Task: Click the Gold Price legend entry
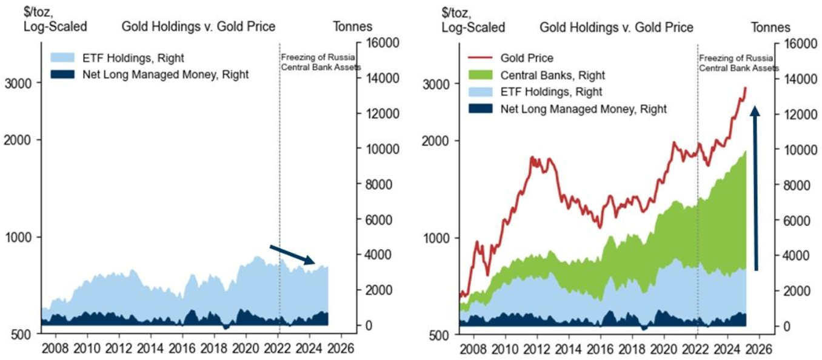coord(527,58)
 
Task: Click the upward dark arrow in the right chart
coord(755,188)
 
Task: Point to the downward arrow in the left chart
coord(292,255)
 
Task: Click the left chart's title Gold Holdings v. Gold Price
coord(198,27)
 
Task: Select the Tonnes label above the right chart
coord(770,27)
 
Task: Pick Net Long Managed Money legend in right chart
coord(583,109)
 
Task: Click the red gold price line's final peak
coord(745,88)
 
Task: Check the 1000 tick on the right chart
coord(435,238)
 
